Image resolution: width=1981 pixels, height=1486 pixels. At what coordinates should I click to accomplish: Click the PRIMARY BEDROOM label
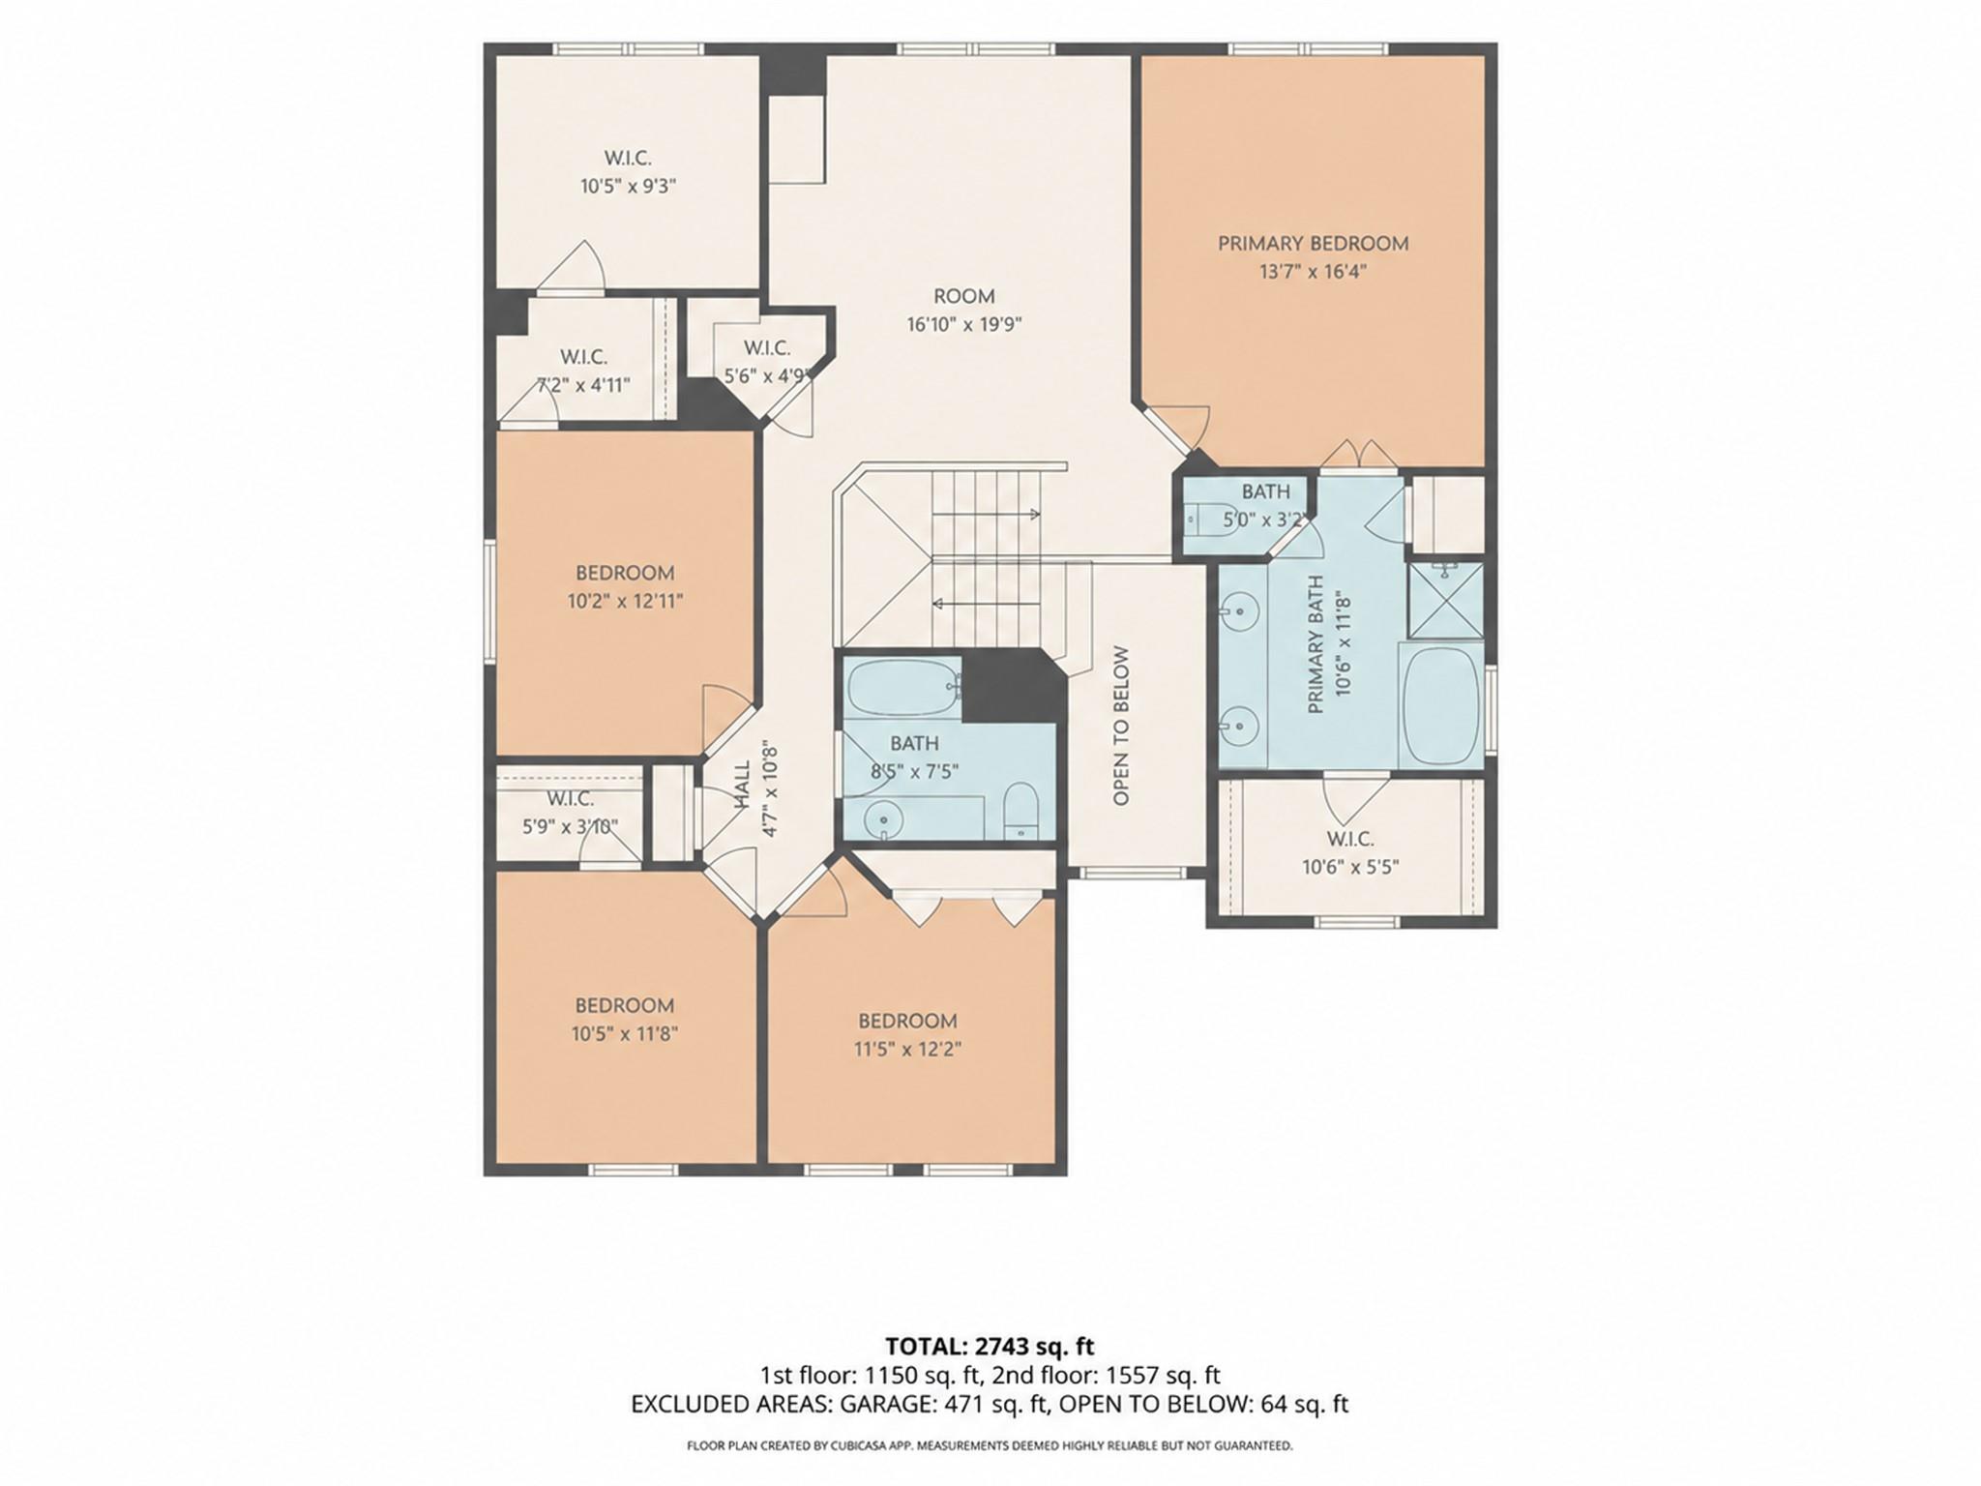point(1313,244)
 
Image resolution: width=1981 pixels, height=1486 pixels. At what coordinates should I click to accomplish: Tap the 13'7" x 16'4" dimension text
point(1313,272)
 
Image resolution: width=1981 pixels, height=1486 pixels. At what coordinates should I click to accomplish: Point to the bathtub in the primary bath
point(1441,703)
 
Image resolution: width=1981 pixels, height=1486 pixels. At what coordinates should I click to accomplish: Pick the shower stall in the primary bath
point(1445,600)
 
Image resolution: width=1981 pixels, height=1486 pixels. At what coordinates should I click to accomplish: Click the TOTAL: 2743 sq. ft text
point(990,1347)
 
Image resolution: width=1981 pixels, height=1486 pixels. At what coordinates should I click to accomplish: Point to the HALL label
point(743,784)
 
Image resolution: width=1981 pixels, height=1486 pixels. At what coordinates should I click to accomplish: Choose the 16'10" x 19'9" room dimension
point(963,325)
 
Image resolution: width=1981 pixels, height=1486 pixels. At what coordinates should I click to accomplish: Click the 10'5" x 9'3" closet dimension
point(628,186)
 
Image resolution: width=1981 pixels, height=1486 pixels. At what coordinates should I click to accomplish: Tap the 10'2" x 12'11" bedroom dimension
point(625,601)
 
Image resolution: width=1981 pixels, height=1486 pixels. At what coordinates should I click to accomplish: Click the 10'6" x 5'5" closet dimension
point(1350,867)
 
